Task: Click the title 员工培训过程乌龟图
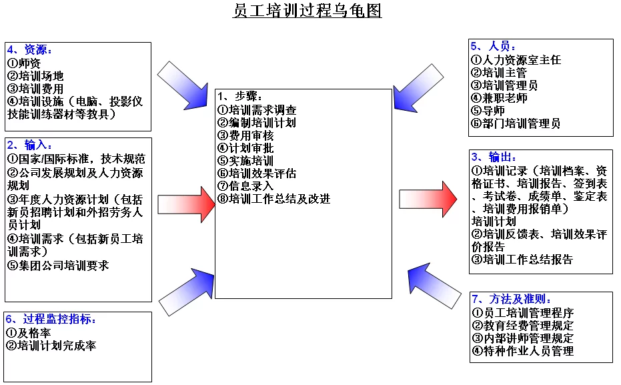point(307,11)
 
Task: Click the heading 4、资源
point(29,49)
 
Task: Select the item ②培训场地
point(35,75)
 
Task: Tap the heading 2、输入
point(29,145)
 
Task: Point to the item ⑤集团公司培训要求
point(58,266)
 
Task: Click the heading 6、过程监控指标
point(51,319)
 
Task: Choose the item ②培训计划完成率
point(51,346)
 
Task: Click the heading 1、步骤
point(239,96)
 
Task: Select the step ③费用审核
point(245,135)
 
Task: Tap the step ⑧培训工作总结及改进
point(273,199)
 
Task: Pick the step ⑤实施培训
point(245,161)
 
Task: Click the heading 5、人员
point(493,46)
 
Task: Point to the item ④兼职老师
point(499,98)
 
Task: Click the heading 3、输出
point(494,157)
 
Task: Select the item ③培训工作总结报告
point(522,260)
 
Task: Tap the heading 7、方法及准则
point(512,299)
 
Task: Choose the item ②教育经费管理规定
point(523,326)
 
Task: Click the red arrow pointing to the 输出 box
point(428,199)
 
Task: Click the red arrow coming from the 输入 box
point(187,204)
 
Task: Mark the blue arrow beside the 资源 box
point(183,85)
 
